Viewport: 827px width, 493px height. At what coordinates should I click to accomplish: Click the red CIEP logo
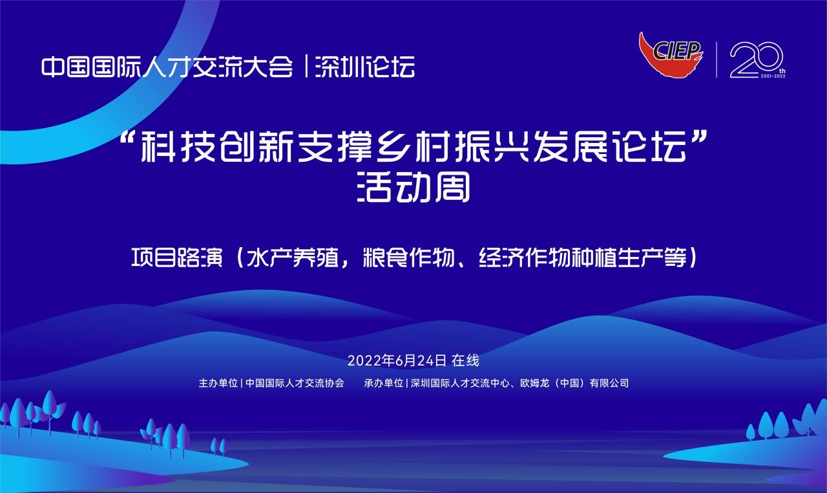(x=671, y=55)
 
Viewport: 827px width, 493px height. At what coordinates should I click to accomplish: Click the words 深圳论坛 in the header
(x=365, y=67)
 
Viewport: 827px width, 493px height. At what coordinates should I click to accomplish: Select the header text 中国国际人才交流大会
(x=167, y=67)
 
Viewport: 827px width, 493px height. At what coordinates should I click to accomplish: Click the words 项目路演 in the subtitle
(x=177, y=257)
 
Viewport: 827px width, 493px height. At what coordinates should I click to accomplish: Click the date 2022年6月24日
(x=397, y=360)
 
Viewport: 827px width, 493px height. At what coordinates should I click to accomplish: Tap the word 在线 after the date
(x=465, y=360)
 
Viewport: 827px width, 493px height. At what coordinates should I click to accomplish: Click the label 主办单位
(x=218, y=383)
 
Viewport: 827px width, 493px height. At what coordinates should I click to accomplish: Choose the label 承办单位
(x=384, y=383)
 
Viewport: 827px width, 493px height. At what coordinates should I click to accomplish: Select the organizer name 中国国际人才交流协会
(x=295, y=383)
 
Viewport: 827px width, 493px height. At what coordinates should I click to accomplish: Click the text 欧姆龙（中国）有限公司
(x=574, y=383)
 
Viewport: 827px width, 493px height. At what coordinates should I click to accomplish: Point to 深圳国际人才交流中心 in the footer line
(x=460, y=383)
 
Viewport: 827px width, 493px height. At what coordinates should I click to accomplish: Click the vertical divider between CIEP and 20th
(x=717, y=60)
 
